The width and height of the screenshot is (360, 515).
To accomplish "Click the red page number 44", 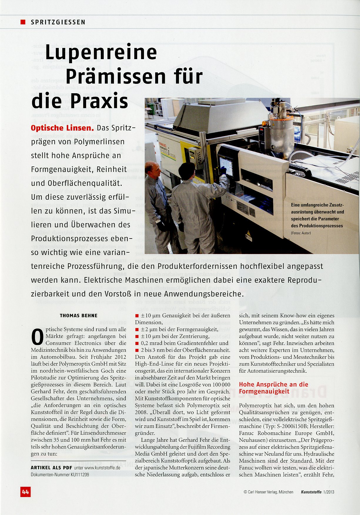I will pos(25,491).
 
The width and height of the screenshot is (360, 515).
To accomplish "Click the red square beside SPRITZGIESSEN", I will pos(23,22).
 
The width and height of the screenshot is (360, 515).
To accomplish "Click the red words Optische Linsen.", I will pos(62,128).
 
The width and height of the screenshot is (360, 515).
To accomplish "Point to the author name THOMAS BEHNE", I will pos(78,316).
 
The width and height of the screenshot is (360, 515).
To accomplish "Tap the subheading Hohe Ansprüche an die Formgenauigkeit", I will pos(273,388).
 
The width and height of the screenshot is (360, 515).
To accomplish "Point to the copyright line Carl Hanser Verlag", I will pos(268,492).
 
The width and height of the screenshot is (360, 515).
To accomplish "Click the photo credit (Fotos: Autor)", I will pos(301,233).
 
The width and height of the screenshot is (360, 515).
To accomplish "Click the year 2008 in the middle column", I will pos(140,412).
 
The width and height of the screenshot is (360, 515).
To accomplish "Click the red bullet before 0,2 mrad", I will pos(137,343).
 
